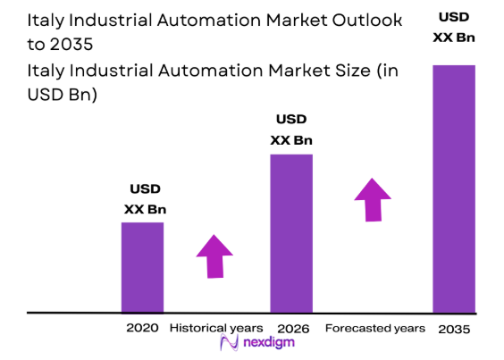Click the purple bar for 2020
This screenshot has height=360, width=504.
pos(143,267)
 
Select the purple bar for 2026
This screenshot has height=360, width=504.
pos(291,233)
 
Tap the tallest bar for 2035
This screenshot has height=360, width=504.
pos(454,188)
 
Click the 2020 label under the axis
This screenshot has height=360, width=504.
pos(143,328)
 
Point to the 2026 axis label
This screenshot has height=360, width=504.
pos(292,329)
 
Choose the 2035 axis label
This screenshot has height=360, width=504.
pos(454,329)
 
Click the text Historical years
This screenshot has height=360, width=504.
pos(215,328)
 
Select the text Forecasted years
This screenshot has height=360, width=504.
pos(373,328)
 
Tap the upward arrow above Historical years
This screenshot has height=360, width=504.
pos(214,255)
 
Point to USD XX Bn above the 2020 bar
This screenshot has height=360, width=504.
pos(145,200)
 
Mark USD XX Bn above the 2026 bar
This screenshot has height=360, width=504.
pos(291,130)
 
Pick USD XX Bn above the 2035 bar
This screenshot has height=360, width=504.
pos(454,27)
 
